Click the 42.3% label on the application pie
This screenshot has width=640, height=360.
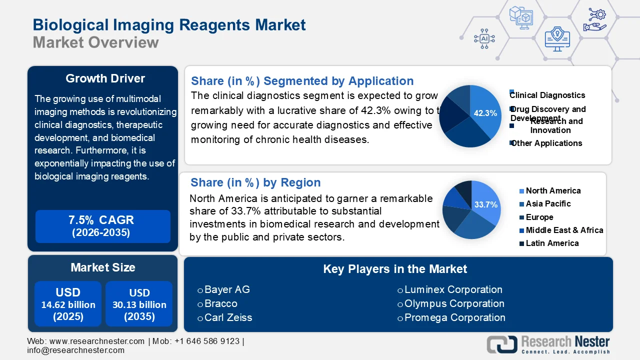tap(485, 113)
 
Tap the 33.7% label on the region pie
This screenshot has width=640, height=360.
tap(486, 204)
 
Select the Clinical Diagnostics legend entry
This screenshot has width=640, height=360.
tap(547, 95)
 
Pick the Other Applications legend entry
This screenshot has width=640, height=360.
tap(546, 143)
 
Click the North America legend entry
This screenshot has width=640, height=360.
tap(553, 190)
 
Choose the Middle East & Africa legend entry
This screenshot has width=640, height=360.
tap(564, 230)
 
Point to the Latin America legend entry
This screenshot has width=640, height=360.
tap(552, 243)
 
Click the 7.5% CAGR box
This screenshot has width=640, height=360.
tap(103, 226)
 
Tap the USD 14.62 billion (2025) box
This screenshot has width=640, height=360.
tap(68, 304)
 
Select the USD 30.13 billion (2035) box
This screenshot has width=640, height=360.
tap(139, 304)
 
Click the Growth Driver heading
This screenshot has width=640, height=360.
tap(105, 78)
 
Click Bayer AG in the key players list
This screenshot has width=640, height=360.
tap(227, 289)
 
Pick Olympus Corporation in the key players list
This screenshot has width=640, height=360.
tap(454, 303)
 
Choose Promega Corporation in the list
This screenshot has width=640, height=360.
tap(454, 317)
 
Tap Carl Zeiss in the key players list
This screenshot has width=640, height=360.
tap(228, 317)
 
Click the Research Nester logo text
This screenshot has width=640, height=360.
tap(565, 342)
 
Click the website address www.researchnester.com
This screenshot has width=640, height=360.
tap(97, 341)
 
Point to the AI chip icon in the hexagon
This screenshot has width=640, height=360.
tap(484, 38)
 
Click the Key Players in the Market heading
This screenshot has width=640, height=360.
tap(395, 269)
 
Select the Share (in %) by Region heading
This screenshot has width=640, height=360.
tap(255, 182)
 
